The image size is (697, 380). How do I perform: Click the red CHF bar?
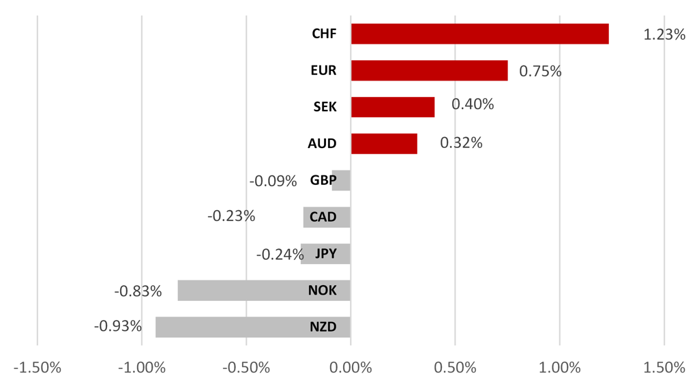479,33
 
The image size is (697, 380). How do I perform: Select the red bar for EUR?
429,70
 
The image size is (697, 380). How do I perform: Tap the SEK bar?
392,107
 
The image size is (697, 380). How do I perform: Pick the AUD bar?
384,144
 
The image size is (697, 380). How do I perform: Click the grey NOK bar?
263,291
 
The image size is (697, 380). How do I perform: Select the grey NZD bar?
252,327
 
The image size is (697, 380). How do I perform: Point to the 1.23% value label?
664,34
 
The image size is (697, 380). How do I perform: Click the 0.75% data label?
540,71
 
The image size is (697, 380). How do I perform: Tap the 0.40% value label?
473,104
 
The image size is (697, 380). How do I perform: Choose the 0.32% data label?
461,143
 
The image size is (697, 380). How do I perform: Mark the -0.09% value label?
273,181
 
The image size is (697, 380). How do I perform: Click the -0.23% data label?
231,216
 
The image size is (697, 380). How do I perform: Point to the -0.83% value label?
138,291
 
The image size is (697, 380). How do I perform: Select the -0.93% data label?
118,326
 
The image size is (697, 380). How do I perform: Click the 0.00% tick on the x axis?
351,367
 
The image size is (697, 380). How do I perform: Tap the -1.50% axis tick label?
38,367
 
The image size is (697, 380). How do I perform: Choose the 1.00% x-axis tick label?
559,367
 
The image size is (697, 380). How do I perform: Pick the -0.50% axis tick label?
246,367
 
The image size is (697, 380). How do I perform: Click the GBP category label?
323,181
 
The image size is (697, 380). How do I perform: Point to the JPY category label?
325,254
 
